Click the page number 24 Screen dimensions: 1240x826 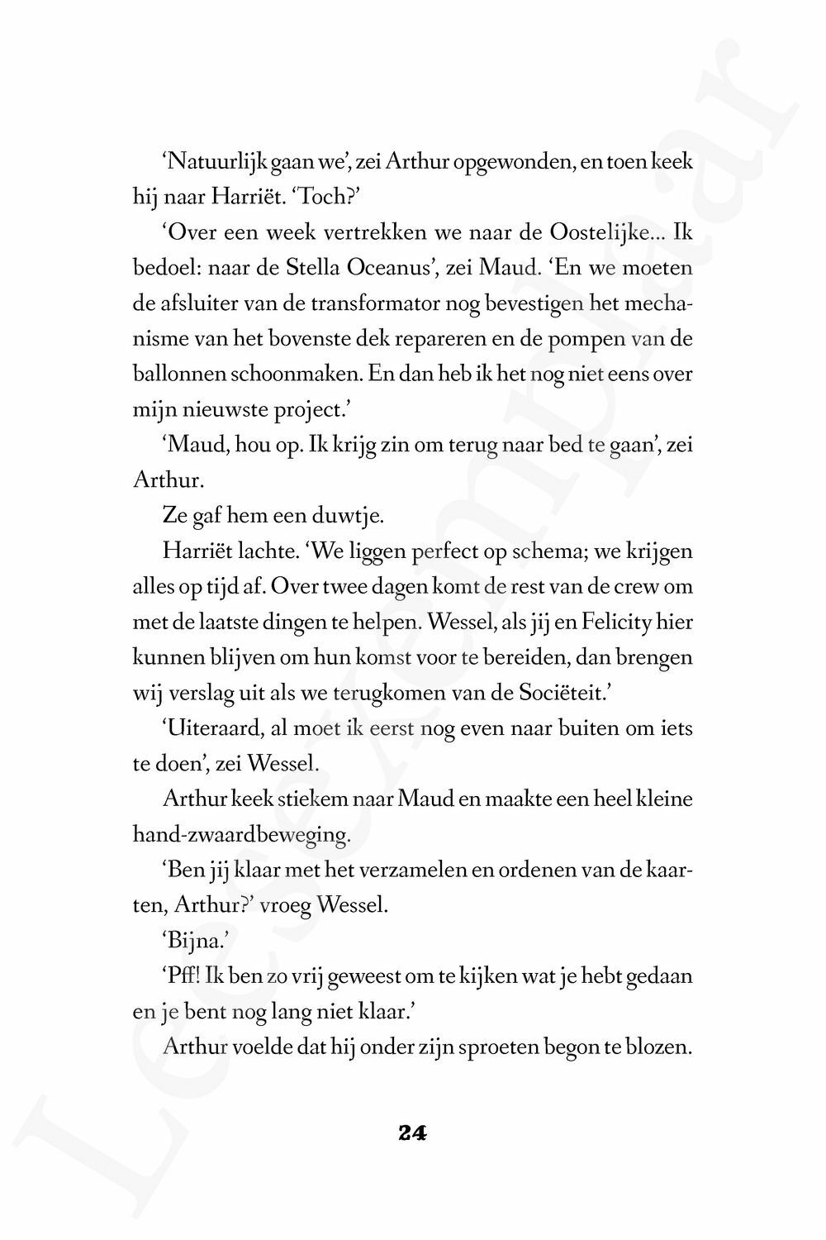tap(412, 1133)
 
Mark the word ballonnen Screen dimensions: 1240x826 tap(176, 374)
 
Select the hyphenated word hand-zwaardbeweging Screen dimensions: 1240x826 tap(241, 835)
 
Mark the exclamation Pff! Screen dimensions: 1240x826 tap(178, 976)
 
